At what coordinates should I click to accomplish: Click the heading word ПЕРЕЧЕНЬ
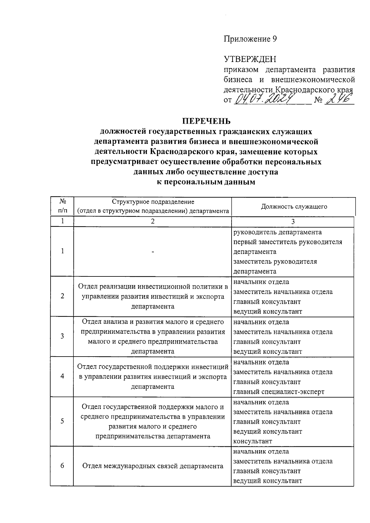(206, 121)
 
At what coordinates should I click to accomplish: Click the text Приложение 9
(250, 39)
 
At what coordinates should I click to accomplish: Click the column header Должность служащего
(294, 206)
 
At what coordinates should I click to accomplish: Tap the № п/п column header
(62, 206)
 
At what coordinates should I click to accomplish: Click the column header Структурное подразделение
(153, 202)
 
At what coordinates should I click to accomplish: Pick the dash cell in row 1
(153, 251)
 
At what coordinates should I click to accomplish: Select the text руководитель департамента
(277, 232)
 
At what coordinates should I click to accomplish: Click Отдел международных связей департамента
(153, 466)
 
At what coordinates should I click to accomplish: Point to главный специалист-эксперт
(279, 392)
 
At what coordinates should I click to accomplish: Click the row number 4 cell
(62, 376)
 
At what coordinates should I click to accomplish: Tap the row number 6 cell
(62, 466)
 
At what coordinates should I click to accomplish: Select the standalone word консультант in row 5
(253, 441)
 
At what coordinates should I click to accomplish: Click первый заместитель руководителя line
(288, 242)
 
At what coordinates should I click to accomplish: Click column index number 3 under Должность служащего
(293, 222)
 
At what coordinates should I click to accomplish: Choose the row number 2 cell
(62, 296)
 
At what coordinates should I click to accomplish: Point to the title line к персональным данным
(206, 182)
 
